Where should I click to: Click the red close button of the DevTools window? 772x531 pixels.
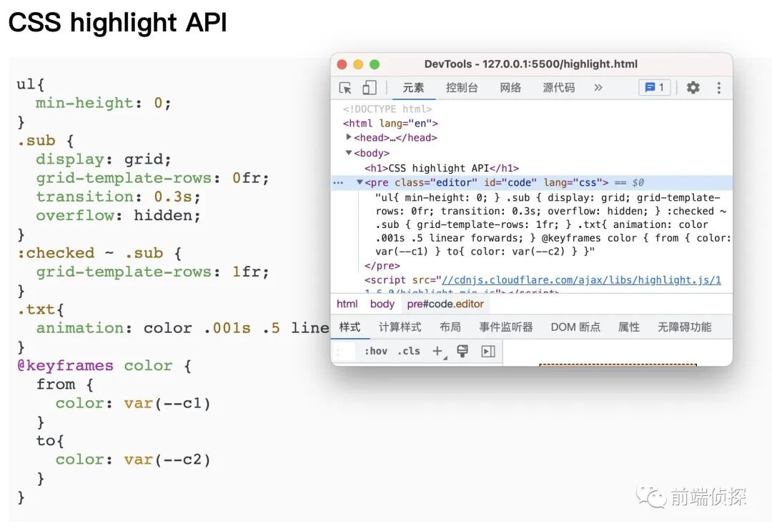342,64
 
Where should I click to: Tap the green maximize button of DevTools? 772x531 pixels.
374,64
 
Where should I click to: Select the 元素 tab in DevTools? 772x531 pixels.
413,87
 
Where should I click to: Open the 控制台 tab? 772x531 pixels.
462,87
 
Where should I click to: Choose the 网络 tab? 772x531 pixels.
510,87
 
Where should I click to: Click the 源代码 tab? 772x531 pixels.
558,87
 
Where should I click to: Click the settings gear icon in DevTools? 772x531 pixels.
693,87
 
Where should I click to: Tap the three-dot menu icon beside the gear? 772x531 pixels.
718,87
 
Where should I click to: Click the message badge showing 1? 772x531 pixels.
654,87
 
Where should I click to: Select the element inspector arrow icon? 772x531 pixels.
345,87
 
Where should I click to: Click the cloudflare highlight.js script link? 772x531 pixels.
581,280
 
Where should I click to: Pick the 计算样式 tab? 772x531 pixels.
400,327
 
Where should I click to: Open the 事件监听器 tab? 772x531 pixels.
506,327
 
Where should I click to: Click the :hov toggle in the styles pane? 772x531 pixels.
375,351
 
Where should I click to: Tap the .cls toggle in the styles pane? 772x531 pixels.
409,351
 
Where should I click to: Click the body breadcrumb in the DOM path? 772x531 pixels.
382,304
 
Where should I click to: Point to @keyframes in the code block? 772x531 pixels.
65,366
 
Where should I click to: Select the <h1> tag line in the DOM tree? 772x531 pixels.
441,168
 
